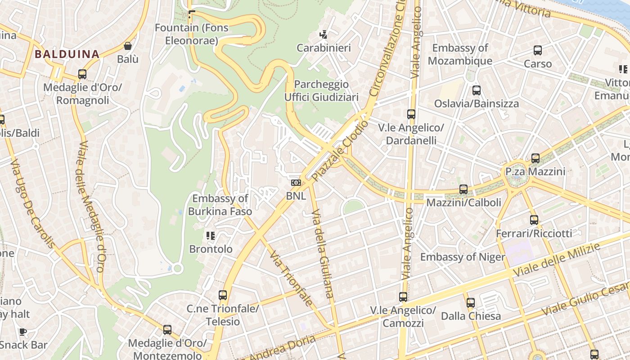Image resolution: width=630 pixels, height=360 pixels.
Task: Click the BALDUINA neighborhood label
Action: (x=67, y=54)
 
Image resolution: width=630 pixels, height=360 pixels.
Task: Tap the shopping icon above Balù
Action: (x=128, y=46)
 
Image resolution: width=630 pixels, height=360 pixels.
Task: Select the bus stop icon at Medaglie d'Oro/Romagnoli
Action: (x=82, y=74)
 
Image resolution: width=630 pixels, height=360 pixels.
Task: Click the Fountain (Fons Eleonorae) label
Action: (x=191, y=34)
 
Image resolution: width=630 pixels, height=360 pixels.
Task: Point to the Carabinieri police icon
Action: (x=323, y=34)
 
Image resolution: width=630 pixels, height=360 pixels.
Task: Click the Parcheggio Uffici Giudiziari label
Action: (x=321, y=91)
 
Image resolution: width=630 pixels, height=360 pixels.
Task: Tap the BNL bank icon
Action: (x=296, y=183)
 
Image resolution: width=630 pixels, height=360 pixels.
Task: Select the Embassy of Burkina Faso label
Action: (x=220, y=205)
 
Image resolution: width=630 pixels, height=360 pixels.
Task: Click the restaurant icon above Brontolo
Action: (x=210, y=235)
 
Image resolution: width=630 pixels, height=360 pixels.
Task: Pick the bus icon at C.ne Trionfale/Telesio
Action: (x=222, y=295)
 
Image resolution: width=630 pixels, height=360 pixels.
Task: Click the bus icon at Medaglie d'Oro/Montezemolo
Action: (x=167, y=330)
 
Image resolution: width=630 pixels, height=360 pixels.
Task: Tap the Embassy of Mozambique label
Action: (x=460, y=54)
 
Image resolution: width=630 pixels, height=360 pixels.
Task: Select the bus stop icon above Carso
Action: (x=537, y=50)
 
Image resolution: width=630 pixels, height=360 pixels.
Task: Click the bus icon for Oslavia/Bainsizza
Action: (x=476, y=90)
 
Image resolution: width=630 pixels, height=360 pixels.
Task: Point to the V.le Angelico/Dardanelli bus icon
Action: (x=411, y=114)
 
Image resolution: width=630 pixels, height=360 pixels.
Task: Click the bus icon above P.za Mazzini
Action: (x=535, y=158)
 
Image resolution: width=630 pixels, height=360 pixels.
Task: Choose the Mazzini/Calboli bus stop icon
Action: (x=463, y=189)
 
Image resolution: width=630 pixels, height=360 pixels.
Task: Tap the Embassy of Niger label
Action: (x=462, y=257)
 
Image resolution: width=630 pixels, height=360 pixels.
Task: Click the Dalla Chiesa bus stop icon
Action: (x=470, y=303)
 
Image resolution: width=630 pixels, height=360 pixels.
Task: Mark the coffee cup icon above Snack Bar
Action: (x=22, y=332)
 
